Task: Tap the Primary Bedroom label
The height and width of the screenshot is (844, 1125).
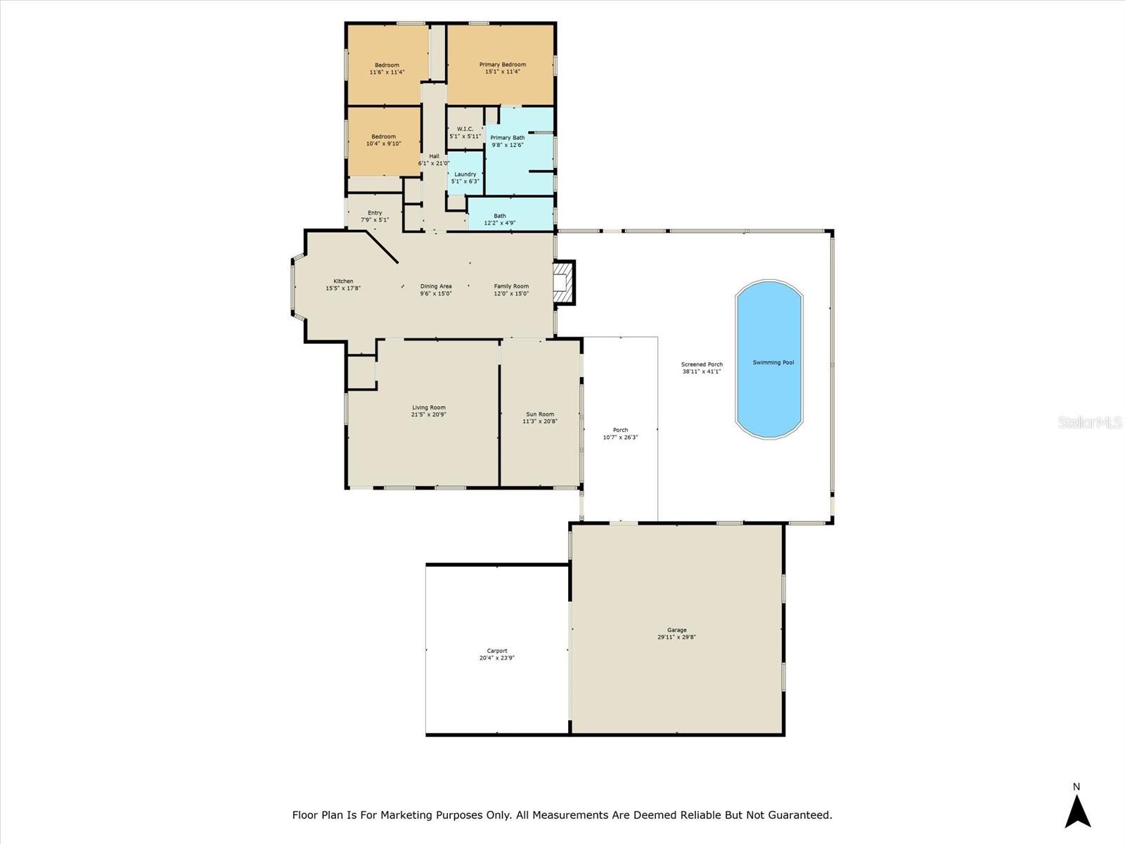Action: [502, 65]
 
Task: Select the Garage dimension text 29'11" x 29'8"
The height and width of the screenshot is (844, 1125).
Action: [676, 637]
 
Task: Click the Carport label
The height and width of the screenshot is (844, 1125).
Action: [496, 651]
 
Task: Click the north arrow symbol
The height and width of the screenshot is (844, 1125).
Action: [1076, 810]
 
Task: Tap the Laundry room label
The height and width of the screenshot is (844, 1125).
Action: [465, 174]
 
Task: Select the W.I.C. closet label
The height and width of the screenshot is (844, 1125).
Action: [465, 129]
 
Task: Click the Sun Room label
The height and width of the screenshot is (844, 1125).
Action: [540, 414]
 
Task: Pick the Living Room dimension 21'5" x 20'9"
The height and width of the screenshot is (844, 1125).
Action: [428, 415]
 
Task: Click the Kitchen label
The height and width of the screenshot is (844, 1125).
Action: [343, 281]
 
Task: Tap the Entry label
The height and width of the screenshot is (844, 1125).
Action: [375, 212]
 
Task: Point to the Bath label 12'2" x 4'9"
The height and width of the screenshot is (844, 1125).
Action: [499, 223]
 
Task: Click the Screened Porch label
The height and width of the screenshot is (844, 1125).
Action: [702, 364]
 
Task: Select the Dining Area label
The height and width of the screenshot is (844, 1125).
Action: [435, 286]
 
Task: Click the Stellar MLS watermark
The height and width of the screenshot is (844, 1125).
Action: [1089, 422]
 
